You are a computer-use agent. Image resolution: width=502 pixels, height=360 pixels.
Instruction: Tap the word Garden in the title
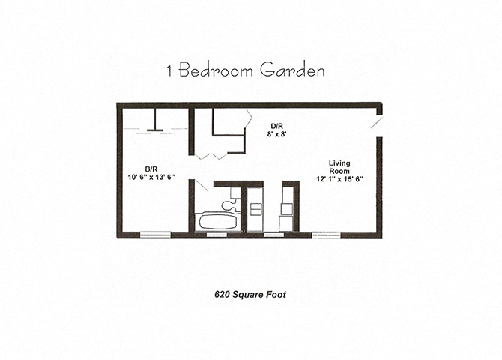tap(293, 71)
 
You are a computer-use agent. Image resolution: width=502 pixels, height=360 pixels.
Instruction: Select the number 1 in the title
tap(169, 71)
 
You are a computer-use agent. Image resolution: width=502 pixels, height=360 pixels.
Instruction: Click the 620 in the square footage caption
tap(215, 295)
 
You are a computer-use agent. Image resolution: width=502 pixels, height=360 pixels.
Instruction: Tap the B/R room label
tap(151, 169)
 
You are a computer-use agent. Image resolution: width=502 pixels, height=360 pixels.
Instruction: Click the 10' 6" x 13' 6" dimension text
tap(151, 178)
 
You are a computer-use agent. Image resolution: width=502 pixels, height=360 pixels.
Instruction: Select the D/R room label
tap(276, 125)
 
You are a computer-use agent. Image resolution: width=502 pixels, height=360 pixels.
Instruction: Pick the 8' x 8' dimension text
tap(277, 134)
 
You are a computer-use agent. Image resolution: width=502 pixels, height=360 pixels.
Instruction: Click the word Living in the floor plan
tap(340, 163)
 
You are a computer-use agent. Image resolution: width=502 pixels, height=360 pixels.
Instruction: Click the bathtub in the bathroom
tap(217, 222)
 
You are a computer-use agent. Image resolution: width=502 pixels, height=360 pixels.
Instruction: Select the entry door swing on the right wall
tap(377, 122)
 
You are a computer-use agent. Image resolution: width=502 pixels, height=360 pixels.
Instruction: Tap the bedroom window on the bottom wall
tap(155, 235)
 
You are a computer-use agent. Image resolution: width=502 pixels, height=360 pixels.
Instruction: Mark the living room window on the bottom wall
tap(326, 235)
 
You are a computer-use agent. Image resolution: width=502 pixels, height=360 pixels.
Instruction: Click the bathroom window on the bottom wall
tap(217, 235)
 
